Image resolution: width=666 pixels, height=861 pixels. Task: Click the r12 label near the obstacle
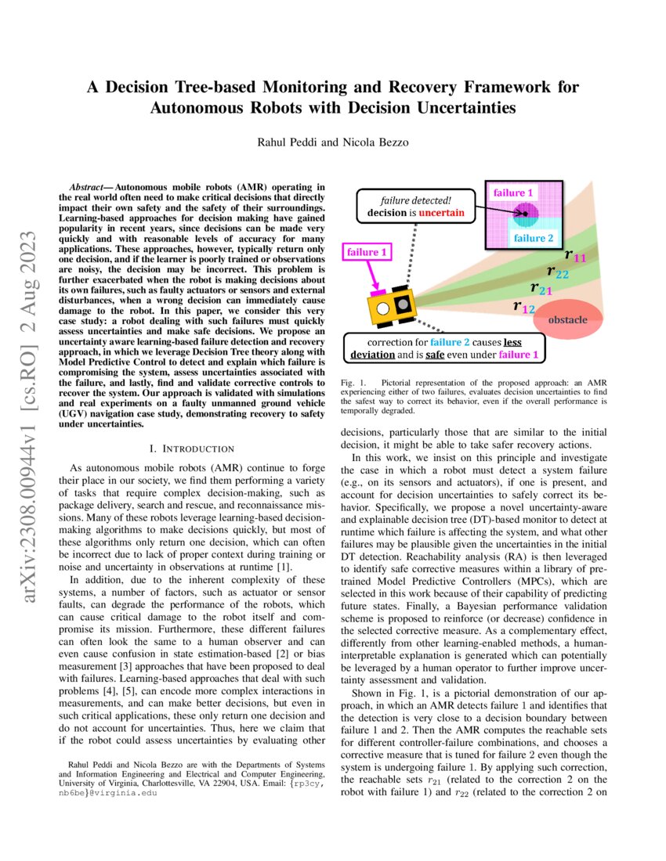pos(523,307)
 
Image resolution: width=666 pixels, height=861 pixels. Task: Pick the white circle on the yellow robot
pos(384,308)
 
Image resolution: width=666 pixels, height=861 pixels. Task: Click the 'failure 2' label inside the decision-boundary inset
pos(534,238)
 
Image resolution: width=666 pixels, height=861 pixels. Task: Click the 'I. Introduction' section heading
pos(191,449)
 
